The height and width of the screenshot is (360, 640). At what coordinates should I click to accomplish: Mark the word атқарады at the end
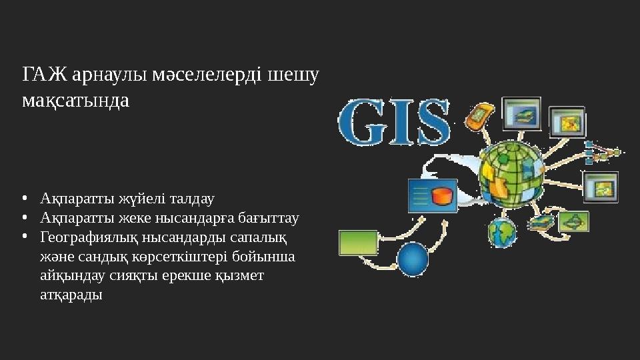(x=71, y=295)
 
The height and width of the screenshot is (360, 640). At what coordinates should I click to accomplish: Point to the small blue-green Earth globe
(x=502, y=232)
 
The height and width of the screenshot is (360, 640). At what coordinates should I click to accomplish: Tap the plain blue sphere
(x=412, y=257)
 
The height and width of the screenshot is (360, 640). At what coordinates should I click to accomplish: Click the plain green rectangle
(x=358, y=243)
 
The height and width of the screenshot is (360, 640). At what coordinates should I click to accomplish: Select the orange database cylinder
(x=441, y=197)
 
